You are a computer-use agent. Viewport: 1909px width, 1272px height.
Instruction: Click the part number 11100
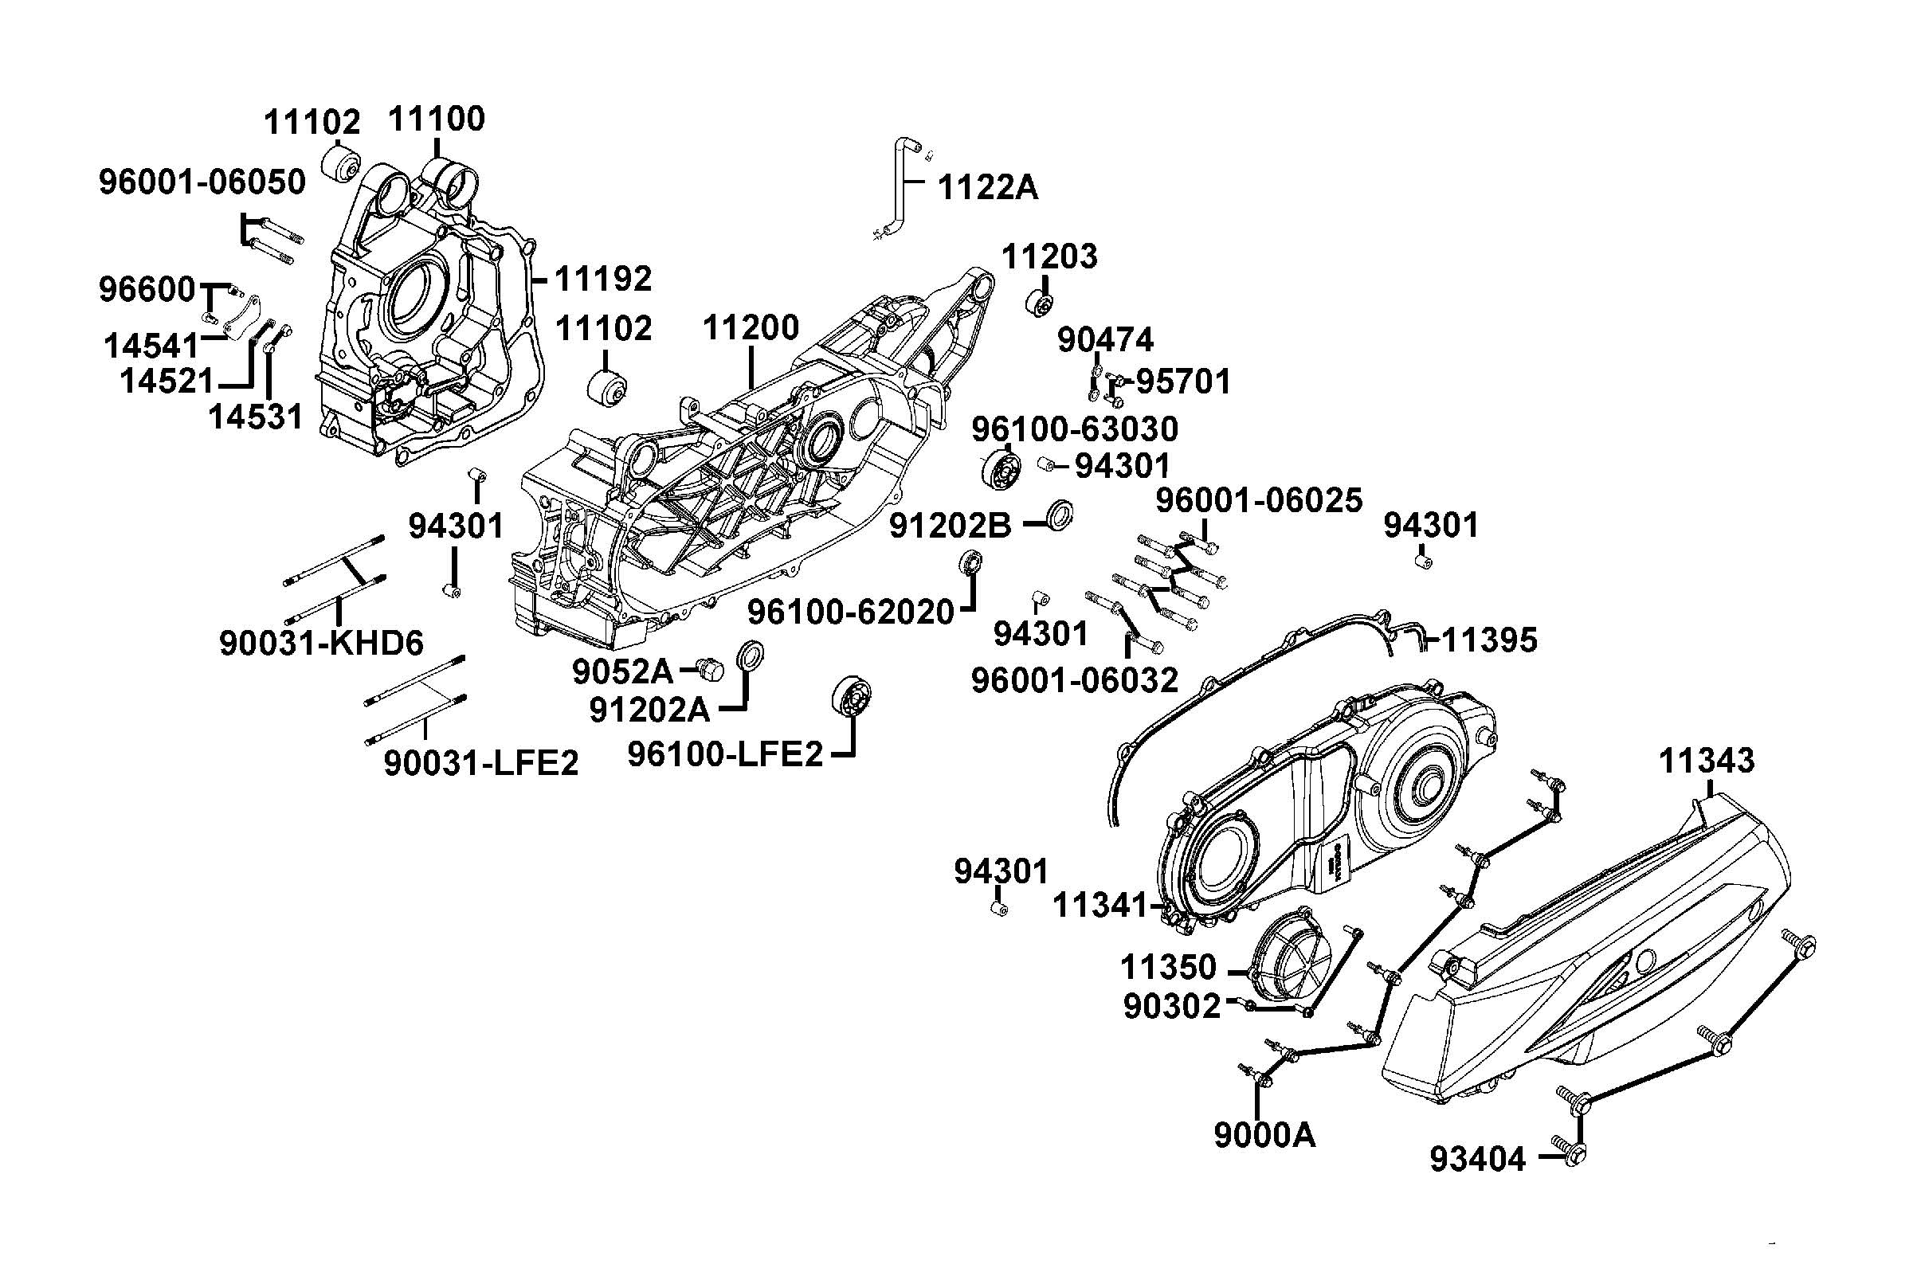point(437,119)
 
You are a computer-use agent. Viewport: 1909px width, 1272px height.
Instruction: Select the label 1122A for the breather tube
point(987,187)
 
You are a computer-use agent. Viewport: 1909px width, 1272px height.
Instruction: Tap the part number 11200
point(751,327)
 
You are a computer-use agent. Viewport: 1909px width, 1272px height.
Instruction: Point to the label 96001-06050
point(202,182)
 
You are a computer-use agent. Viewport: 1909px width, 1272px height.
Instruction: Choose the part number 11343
point(1706,761)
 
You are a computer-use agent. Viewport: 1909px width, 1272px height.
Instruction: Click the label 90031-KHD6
point(321,644)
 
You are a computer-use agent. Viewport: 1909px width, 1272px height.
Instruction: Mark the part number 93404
point(1477,1160)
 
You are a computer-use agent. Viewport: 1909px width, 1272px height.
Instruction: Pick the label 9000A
point(1264,1136)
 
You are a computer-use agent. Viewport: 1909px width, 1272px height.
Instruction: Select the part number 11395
point(1489,641)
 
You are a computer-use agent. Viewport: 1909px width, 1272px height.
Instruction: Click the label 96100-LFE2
point(725,754)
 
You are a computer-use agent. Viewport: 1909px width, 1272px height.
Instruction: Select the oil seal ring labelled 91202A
point(751,655)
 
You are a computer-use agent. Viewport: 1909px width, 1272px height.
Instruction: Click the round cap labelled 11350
point(1289,965)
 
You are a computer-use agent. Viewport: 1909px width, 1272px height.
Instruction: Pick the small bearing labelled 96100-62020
point(970,562)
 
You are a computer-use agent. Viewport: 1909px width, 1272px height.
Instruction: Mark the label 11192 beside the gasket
point(604,279)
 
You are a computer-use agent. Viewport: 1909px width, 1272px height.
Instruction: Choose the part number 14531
point(256,417)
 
